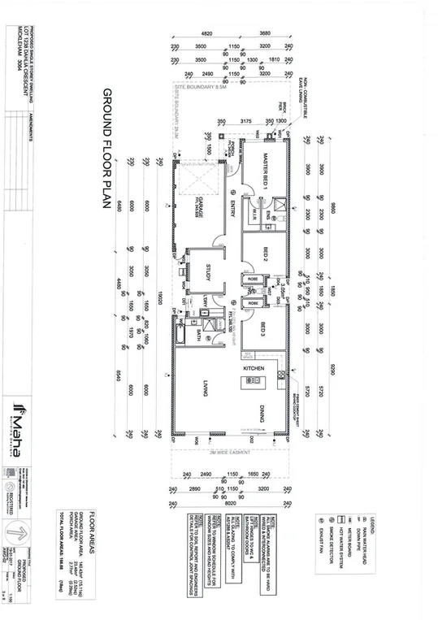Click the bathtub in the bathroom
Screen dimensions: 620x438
180,333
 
